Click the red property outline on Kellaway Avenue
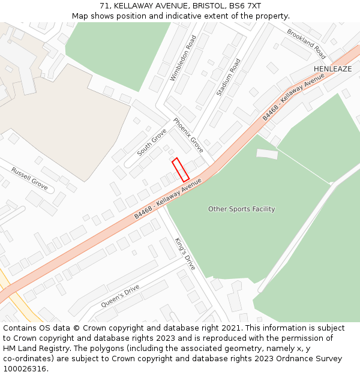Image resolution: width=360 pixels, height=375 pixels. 181,170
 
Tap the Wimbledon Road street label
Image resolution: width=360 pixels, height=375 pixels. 183,58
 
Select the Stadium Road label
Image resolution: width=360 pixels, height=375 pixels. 228,77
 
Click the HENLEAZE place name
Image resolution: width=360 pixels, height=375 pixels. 332,69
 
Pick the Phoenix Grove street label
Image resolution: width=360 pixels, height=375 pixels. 188,135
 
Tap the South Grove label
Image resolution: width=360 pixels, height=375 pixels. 152,142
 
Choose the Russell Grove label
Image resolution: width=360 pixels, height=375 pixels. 29,179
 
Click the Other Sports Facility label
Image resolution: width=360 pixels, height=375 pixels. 241,209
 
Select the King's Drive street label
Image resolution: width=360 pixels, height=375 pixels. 185,253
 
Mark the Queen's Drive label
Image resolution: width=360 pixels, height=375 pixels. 120,296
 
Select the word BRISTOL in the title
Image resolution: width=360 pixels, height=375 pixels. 192,6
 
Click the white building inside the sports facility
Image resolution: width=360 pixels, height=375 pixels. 267,154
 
